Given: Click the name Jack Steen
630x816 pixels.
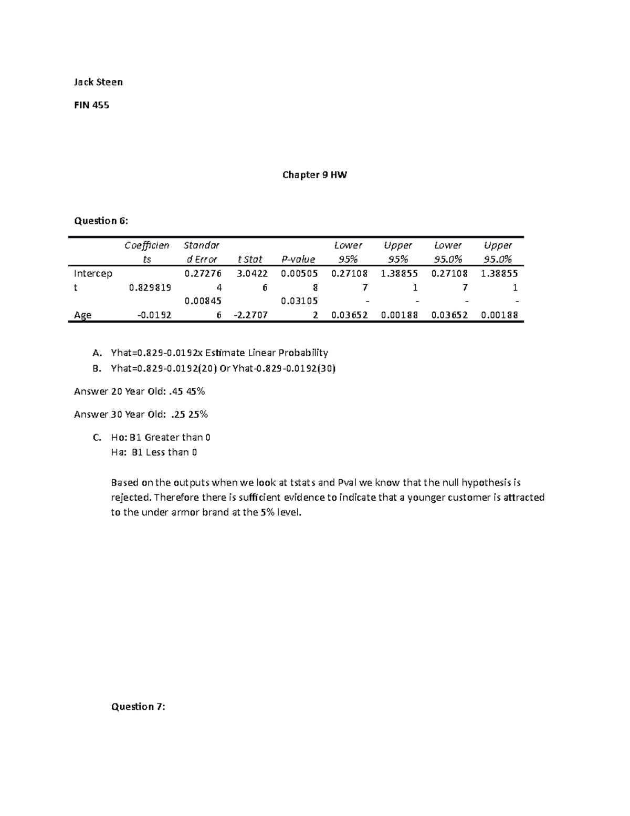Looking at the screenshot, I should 98,82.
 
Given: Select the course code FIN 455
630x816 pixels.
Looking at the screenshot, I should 91,105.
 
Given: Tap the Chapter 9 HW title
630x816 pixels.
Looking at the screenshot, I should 314,175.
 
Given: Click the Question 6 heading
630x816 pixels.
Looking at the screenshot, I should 101,221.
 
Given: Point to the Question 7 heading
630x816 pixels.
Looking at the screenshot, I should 138,707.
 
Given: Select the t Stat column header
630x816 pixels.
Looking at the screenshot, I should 250,259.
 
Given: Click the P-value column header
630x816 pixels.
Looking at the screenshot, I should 298,259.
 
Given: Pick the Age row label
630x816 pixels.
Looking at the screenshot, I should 82,315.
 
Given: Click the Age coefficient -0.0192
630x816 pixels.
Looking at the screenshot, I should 154,315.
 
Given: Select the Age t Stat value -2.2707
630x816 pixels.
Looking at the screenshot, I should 250,315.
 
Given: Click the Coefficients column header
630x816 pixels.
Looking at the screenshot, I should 147,252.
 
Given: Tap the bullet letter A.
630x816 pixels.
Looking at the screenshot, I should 96,353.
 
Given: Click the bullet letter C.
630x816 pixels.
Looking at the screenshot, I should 96,438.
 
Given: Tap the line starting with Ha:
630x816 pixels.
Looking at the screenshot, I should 154,452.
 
